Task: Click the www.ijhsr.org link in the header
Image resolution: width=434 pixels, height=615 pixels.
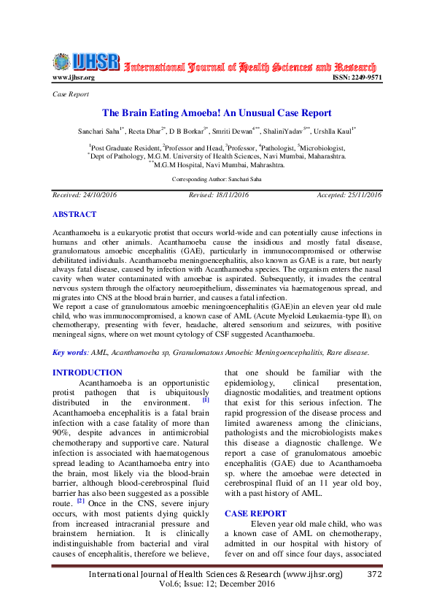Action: coord(74,77)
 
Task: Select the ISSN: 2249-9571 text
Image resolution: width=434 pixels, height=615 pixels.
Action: coord(357,77)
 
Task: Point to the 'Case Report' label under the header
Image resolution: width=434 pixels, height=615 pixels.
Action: coord(71,94)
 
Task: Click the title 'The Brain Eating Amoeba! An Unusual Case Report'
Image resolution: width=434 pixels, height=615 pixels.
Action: coord(217,113)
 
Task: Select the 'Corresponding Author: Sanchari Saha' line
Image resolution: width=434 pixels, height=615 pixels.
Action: coord(217,179)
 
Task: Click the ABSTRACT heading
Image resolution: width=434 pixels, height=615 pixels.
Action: coord(74,215)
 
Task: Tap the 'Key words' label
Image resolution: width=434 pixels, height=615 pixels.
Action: coord(69,352)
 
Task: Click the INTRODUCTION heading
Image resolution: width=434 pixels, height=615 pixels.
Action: coord(88,373)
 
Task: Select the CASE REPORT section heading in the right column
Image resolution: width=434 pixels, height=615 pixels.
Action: coord(255,513)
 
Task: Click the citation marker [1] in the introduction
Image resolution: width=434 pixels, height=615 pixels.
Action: coord(206,400)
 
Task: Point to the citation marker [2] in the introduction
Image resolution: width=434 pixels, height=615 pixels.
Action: coord(80,500)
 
